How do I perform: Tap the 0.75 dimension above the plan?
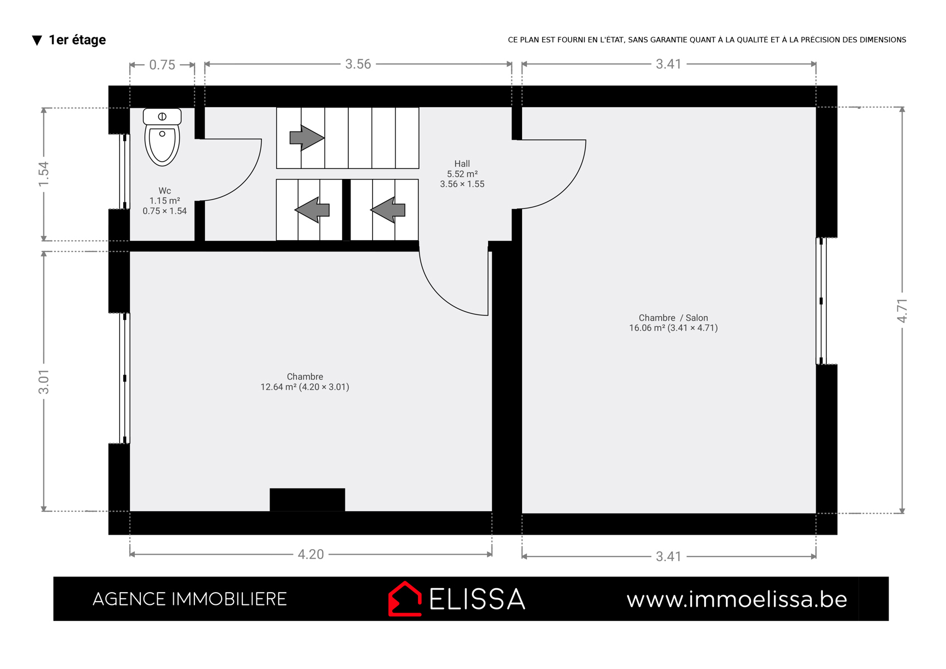162,65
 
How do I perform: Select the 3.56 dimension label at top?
358,64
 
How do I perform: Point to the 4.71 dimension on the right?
902,311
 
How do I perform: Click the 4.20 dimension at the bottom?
311,554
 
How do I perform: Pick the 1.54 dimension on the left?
44,174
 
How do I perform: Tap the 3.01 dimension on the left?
44,382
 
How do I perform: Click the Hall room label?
462,163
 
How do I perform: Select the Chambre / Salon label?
673,318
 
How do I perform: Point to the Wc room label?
165,191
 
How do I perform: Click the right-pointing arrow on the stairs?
306,138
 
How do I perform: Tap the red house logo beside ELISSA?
405,599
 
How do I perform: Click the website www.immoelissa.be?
737,599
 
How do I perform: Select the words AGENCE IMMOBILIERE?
189,599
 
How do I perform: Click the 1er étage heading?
77,40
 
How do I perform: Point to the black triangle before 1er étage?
37,41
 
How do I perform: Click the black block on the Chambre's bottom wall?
308,500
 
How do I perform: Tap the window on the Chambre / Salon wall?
821,301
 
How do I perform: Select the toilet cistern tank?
162,116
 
